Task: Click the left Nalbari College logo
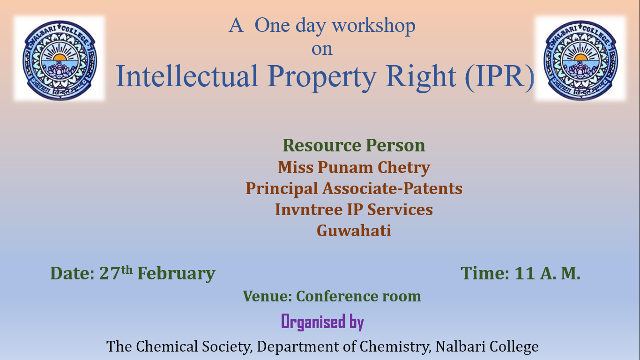pos(60,60)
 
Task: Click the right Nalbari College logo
pos(580,60)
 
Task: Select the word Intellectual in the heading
pos(187,76)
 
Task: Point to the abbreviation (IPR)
pos(499,76)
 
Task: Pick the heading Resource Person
pos(354,145)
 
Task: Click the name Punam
pos(345,167)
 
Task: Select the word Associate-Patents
pos(392,189)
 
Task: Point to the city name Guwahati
pos(354,231)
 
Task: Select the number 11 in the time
pos(525,273)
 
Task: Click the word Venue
pos(268,296)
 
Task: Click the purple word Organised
pos(313,322)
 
